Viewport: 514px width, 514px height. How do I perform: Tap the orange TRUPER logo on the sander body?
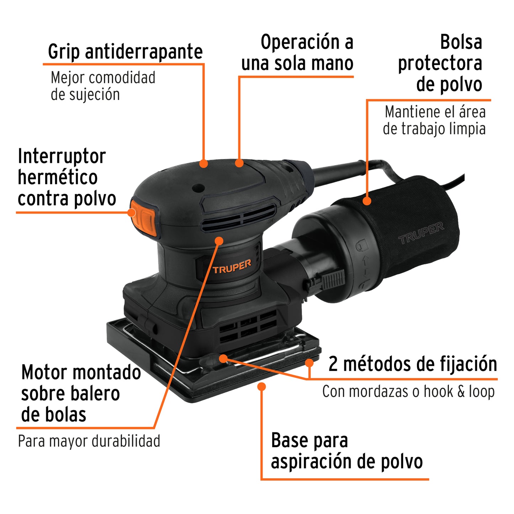click(x=232, y=266)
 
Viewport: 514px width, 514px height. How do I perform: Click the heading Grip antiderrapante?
click(x=125, y=52)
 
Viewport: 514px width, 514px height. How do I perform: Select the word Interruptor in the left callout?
click(x=62, y=156)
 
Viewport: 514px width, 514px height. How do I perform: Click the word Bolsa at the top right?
click(x=461, y=42)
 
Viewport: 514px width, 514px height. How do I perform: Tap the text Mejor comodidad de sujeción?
click(x=103, y=86)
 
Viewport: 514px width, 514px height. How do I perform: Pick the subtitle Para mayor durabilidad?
click(x=89, y=441)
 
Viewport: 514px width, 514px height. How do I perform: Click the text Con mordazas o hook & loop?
click(x=408, y=392)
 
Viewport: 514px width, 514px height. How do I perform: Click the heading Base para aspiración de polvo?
click(x=346, y=451)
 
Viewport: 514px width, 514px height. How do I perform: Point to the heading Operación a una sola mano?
click(x=297, y=53)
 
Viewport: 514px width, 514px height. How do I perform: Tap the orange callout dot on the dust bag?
click(x=367, y=201)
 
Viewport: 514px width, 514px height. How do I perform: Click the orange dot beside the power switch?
click(x=132, y=213)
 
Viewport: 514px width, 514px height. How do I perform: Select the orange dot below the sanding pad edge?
click(x=262, y=386)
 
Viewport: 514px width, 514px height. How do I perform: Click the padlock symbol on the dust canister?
click(x=361, y=245)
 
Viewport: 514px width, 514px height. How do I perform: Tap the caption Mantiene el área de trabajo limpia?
click(x=434, y=120)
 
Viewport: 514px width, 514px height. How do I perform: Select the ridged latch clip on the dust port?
click(x=331, y=279)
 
